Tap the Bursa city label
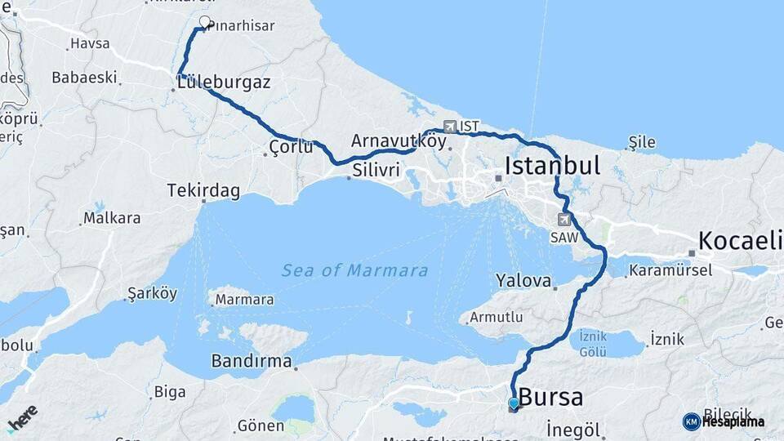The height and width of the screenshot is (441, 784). (x=551, y=398)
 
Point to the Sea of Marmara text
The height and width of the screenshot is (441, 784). (x=354, y=270)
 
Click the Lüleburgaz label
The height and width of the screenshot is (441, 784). (x=224, y=82)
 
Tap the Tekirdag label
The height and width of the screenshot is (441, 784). (x=203, y=191)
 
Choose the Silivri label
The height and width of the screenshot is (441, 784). (x=376, y=171)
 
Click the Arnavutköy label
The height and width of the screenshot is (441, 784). (x=399, y=140)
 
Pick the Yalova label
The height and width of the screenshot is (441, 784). (x=523, y=280)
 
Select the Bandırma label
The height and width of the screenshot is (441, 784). (x=251, y=360)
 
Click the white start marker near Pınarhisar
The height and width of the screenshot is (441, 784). (x=204, y=23)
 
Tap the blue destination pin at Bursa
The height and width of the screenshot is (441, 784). (x=513, y=403)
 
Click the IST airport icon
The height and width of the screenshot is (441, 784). (x=450, y=127)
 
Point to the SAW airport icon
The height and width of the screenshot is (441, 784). (x=564, y=219)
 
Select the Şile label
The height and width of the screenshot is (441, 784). (x=642, y=143)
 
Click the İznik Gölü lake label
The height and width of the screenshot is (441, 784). (x=592, y=343)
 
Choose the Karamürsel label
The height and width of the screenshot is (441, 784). (x=672, y=269)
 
